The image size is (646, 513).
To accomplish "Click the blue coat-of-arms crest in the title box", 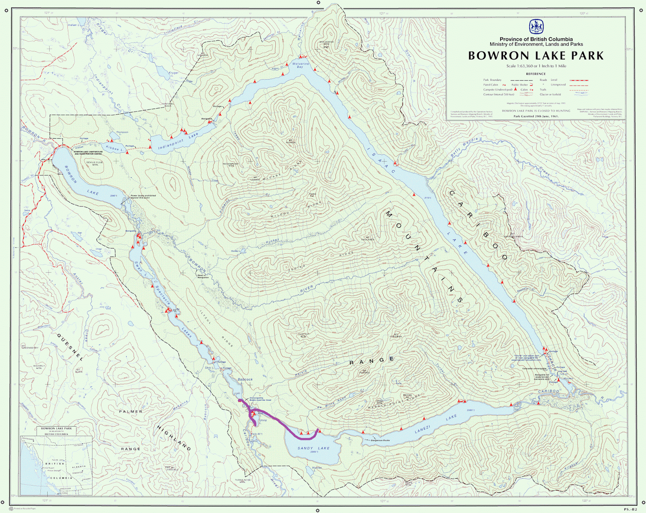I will tap(536, 27).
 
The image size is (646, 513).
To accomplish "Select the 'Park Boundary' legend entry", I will tap(493, 80).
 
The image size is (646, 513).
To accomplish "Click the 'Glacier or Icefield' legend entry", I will tap(550, 95).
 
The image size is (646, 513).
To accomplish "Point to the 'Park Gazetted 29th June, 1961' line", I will tap(536, 116).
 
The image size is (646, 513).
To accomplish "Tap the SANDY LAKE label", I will tap(314, 448).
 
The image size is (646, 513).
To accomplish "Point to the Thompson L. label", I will tap(122, 132).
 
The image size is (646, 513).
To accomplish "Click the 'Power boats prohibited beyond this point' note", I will tap(143, 196).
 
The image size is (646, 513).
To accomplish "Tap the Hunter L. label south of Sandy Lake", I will tap(317, 469).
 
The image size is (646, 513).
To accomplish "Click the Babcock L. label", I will tap(245, 379).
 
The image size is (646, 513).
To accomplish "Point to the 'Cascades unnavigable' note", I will tap(534, 368).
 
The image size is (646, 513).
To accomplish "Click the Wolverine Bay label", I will tap(300, 65).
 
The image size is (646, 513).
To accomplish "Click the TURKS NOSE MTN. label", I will tap(243, 481).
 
